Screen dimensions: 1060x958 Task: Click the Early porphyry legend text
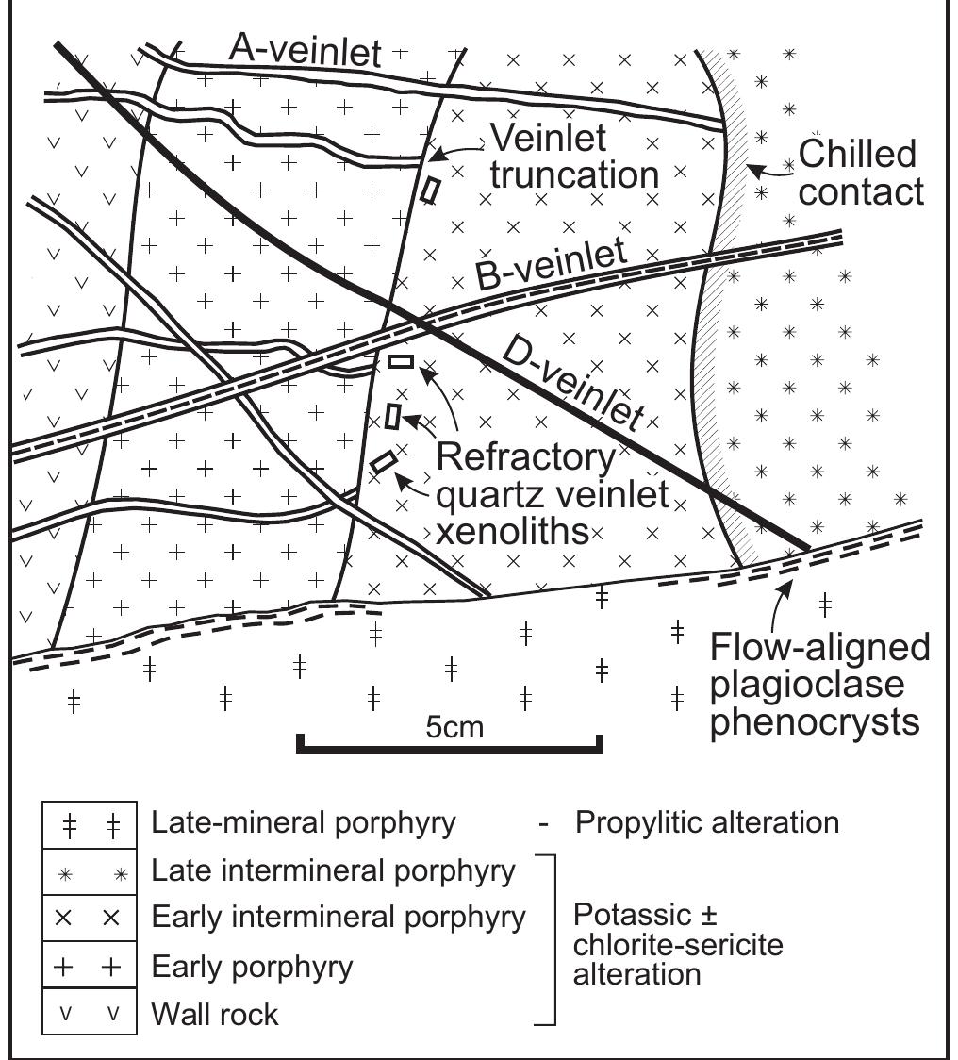[252, 967]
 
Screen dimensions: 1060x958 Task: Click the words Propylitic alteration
[706, 822]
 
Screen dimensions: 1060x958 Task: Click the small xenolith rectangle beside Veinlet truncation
[430, 190]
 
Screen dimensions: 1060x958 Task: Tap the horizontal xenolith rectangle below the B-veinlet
[401, 360]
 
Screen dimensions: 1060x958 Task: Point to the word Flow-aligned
[819, 648]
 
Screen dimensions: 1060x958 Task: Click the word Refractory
[527, 458]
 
